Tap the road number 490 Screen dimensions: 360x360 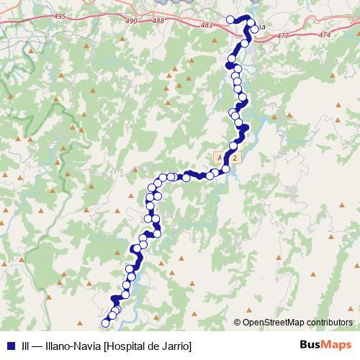pos(131,21)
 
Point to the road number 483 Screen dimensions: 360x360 pos(207,25)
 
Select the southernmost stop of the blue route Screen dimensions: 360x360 pos(106,323)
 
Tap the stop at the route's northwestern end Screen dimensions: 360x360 pos(230,19)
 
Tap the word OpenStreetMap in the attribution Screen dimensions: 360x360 pos(274,322)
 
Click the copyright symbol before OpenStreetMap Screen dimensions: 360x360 pos(238,322)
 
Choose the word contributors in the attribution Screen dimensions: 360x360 pos(329,322)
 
